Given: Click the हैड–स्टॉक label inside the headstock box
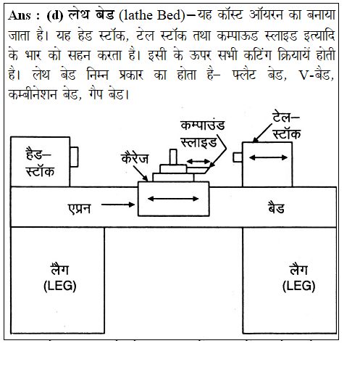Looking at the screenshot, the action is (40, 162).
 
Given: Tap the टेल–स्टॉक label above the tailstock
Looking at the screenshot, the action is (286, 125).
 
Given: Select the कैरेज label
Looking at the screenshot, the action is (135, 159).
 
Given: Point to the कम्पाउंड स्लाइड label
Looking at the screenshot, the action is (203, 133).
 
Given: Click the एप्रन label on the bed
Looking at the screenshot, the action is (79, 208).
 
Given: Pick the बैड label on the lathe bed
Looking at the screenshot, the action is (276, 207).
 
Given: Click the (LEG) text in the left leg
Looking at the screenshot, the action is (60, 286).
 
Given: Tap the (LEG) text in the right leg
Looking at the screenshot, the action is (298, 286).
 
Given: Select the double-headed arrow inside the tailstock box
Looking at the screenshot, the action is (268, 158).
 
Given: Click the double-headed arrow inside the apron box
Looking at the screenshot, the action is (173, 199).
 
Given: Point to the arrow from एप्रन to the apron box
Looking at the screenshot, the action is (118, 205).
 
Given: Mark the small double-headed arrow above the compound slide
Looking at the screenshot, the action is (198, 161).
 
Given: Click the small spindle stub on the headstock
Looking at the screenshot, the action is (74, 157).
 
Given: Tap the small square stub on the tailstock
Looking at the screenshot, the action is (238, 157).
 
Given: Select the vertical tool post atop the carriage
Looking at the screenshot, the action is (173, 157).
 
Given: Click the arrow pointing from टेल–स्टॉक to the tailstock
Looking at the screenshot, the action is (263, 133).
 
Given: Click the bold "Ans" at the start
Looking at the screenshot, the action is (20, 16).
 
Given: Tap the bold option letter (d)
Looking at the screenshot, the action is (55, 16).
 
